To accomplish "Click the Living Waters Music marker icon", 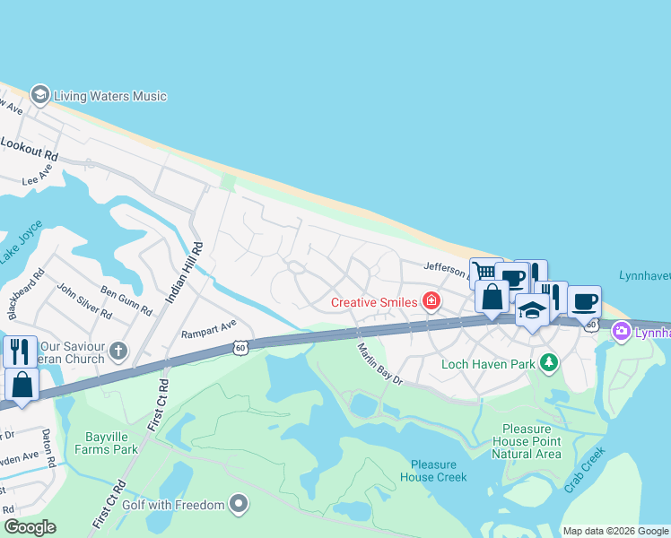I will click(x=39, y=95).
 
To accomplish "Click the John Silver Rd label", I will click(x=84, y=301).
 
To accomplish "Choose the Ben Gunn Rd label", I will click(x=126, y=300).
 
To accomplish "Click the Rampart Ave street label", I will click(x=208, y=326).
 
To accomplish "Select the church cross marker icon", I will click(x=118, y=350).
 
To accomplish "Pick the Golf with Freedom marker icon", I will click(x=238, y=505).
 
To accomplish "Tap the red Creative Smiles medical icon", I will click(x=431, y=301).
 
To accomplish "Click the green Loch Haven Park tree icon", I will click(x=547, y=364).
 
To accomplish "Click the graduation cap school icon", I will click(x=533, y=310).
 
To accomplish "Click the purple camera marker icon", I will click(x=621, y=333).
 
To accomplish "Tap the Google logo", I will click(x=30, y=527).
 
